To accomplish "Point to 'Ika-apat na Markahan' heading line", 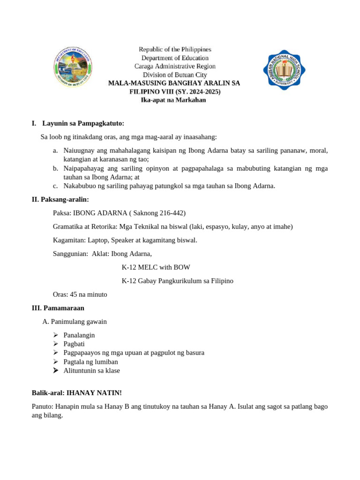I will point(173,100).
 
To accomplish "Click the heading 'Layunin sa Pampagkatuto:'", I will point(83,124).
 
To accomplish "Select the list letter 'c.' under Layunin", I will point(55,186).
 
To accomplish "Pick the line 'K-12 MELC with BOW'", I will point(156,268).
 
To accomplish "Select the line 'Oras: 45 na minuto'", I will point(80,295).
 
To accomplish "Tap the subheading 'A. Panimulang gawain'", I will point(75,322).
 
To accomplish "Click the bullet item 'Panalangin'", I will point(79,335).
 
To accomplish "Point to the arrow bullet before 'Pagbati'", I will point(55,344).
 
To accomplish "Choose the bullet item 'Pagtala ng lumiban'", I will point(90,362).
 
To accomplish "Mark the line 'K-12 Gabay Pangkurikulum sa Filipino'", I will point(177,281).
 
